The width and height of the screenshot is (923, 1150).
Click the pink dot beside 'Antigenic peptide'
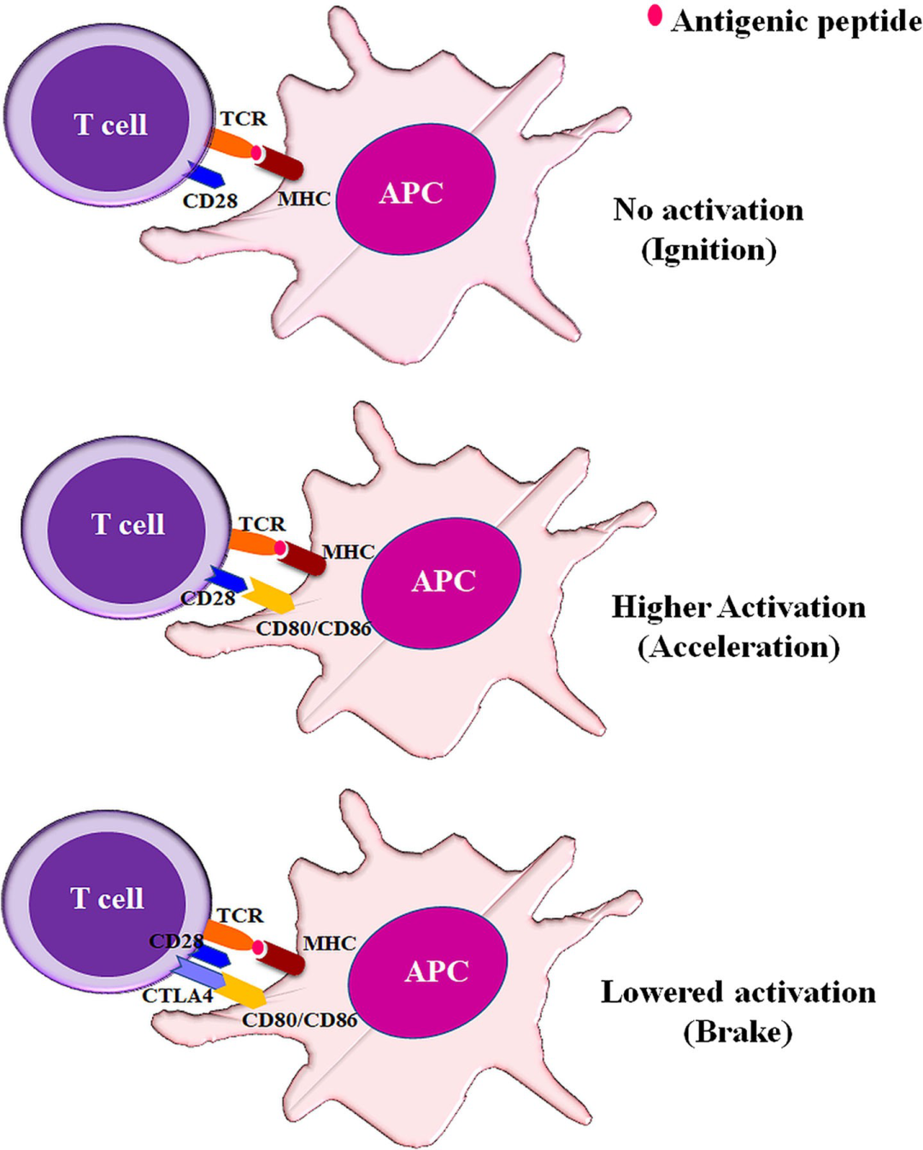pos(655,15)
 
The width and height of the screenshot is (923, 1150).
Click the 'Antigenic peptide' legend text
pos(797,21)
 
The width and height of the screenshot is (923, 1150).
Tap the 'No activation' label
pos(708,210)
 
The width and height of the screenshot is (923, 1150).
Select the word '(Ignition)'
pos(708,249)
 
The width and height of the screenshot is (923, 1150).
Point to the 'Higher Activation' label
pos(738,607)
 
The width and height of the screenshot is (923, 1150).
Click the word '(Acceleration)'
pos(738,647)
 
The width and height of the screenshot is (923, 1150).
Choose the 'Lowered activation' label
pos(738,992)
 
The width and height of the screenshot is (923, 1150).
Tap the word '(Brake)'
pos(738,1032)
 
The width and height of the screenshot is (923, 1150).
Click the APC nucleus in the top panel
pos(415,190)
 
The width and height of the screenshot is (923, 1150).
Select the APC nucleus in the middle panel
pos(441,582)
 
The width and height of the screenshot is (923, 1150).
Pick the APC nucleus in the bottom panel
pos(428,971)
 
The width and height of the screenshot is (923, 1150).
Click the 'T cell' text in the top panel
pos(110,125)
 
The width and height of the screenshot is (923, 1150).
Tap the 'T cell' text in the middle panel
pos(127,524)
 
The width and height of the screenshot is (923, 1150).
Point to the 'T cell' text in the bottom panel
pos(107,898)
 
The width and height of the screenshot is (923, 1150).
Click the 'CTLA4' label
pos(177,995)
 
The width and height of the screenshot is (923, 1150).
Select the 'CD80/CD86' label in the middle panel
pos(314,629)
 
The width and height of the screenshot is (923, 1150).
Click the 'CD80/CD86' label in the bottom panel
pos(299,1019)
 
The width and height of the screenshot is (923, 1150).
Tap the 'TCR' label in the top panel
pos(244,119)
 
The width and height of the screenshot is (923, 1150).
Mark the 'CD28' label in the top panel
pos(209,201)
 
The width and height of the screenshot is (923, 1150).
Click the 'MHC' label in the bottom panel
pos(329,943)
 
